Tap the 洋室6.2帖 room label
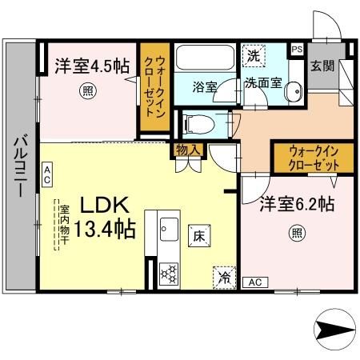(295, 205)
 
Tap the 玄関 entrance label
(322, 65)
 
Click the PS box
(296, 50)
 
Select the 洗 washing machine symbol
(253, 56)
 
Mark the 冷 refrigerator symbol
(225, 278)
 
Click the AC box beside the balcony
(48, 172)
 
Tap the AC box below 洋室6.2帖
(255, 282)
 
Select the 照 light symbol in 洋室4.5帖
(86, 92)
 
